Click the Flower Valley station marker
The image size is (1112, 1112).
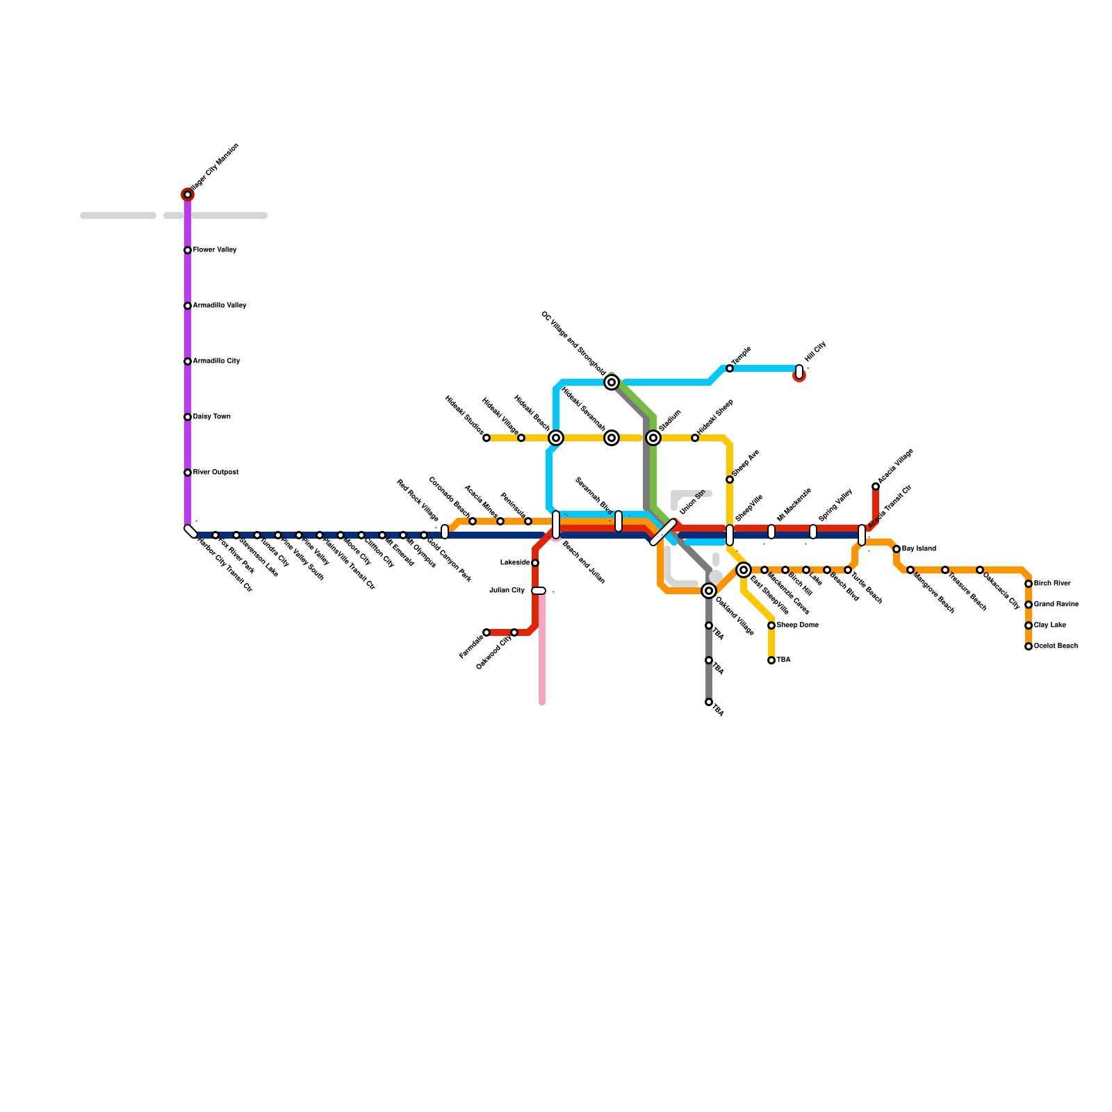point(188,250)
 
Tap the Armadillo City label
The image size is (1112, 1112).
point(216,361)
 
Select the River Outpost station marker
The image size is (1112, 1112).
point(188,473)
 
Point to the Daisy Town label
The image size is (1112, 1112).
point(211,417)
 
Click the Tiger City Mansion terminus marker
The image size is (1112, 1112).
point(188,195)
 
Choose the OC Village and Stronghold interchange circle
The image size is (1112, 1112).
point(612,382)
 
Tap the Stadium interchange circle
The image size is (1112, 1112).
point(653,438)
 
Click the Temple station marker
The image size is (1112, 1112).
point(730,368)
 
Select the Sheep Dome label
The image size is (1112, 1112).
point(797,625)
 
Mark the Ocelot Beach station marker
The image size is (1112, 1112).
point(1029,646)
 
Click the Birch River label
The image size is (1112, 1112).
point(1052,584)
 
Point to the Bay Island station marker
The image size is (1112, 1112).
point(897,549)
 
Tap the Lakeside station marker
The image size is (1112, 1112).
point(535,563)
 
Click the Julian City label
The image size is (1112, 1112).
point(507,591)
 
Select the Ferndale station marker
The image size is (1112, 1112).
point(486,632)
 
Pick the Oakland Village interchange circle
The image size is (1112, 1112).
point(709,591)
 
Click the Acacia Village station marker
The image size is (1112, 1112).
point(876,486)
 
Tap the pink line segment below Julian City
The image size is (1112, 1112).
point(542,653)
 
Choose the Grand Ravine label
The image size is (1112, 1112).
point(1056,605)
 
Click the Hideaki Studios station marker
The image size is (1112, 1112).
point(486,438)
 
